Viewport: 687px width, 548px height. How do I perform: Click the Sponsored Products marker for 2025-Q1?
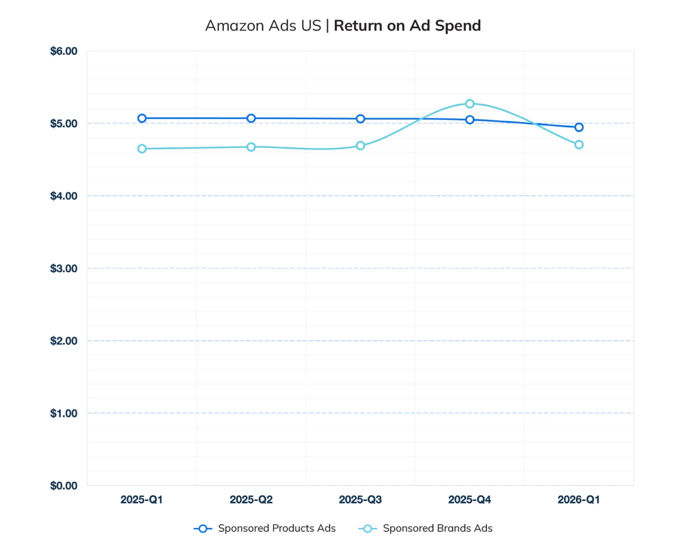click(x=142, y=118)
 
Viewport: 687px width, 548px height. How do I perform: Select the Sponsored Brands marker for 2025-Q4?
click(x=469, y=104)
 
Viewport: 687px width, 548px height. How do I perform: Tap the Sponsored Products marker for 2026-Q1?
click(x=579, y=127)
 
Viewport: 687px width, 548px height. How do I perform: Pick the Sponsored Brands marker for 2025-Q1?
click(x=142, y=149)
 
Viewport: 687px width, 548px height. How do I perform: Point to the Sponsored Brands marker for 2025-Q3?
click(x=360, y=145)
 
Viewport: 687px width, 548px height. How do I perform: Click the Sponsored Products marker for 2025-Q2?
click(x=251, y=118)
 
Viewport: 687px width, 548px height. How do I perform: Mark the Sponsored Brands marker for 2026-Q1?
click(x=579, y=144)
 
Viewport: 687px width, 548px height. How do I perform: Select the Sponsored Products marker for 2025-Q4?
click(x=469, y=120)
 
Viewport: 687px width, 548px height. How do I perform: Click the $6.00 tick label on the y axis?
click(x=63, y=51)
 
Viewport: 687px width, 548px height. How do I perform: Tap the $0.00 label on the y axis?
click(x=63, y=486)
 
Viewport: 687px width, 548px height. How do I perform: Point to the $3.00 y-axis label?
click(x=63, y=268)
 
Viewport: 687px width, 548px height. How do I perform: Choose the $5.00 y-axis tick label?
click(x=63, y=124)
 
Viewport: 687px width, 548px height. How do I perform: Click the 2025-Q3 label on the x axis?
click(x=360, y=499)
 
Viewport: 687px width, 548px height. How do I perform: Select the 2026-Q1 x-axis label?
click(x=579, y=499)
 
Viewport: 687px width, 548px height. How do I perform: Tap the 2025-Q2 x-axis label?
click(x=251, y=499)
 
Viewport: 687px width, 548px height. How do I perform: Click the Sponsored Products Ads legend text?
click(x=277, y=528)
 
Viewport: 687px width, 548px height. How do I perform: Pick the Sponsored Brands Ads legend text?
click(x=437, y=528)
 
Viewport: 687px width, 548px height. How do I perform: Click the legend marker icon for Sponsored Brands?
click(x=367, y=528)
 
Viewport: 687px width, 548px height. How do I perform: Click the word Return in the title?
click(x=358, y=26)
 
